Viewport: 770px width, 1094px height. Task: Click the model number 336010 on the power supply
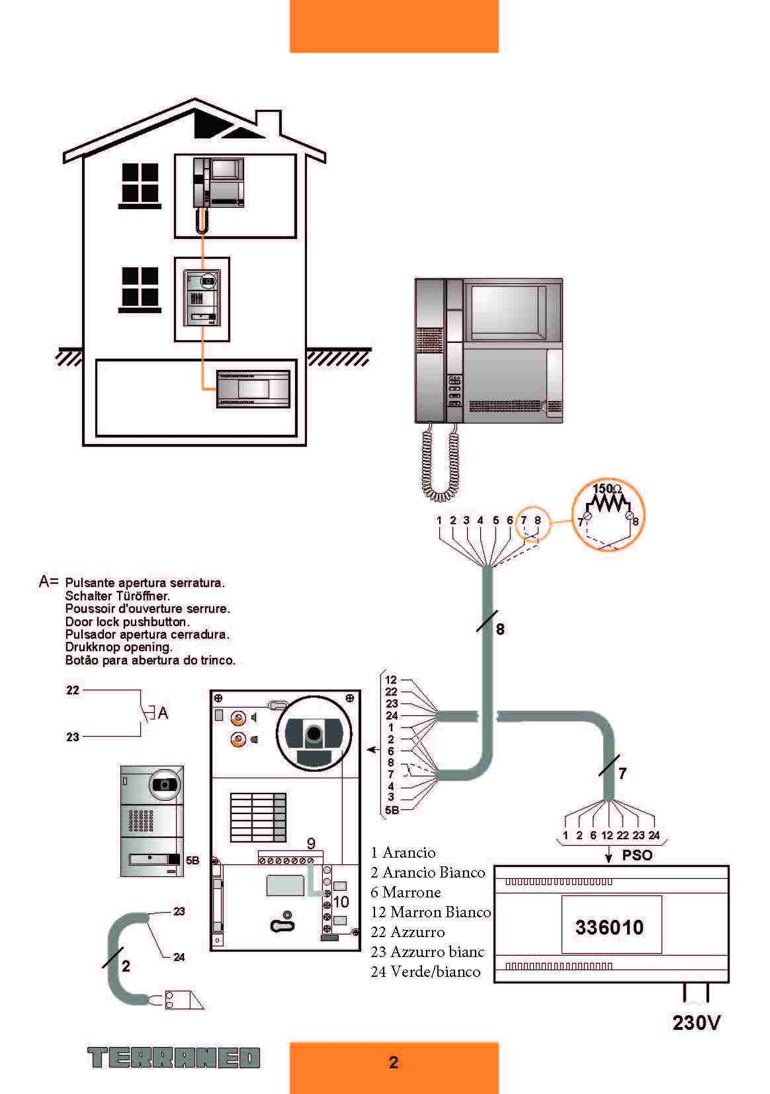(609, 927)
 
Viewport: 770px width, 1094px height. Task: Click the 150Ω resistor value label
(607, 489)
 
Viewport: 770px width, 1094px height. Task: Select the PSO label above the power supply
(637, 855)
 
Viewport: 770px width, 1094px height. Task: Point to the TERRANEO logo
(174, 1058)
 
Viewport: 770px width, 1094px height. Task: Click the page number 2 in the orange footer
(394, 1062)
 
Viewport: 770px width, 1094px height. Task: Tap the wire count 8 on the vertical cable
(500, 629)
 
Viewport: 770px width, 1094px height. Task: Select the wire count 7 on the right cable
(622, 772)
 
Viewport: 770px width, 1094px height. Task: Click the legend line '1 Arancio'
(403, 852)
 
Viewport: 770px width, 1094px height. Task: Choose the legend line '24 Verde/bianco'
(425, 972)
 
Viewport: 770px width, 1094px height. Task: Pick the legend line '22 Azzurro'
(407, 932)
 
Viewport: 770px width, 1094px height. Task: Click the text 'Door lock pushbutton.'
(127, 621)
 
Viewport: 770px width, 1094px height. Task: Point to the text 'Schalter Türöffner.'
(117, 596)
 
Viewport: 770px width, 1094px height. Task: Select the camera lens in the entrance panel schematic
(314, 733)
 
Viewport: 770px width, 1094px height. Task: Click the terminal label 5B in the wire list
(392, 809)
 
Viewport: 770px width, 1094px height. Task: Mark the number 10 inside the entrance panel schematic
(341, 901)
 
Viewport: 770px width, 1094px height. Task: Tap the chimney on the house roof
(268, 122)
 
